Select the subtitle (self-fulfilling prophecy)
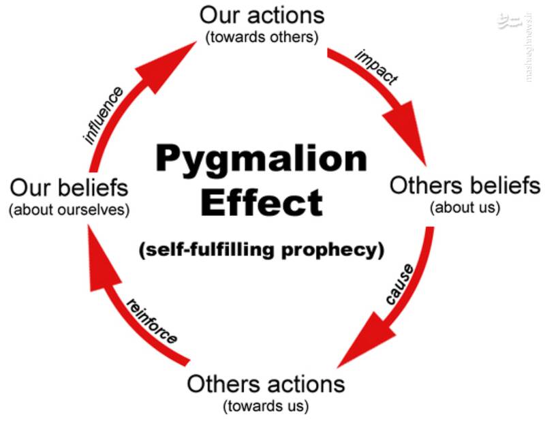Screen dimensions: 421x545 click(x=262, y=249)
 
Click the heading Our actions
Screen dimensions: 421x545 click(x=262, y=15)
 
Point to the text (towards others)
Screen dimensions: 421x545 click(x=262, y=37)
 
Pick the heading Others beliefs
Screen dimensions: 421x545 click(x=465, y=185)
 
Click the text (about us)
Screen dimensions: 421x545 click(x=465, y=207)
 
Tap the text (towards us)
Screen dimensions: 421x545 click(x=266, y=407)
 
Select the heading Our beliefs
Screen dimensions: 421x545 click(x=69, y=187)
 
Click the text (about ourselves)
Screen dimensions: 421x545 click(x=69, y=209)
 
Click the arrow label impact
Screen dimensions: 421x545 click(x=375, y=67)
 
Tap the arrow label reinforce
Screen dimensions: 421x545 click(x=152, y=321)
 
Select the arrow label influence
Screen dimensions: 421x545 click(x=104, y=114)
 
